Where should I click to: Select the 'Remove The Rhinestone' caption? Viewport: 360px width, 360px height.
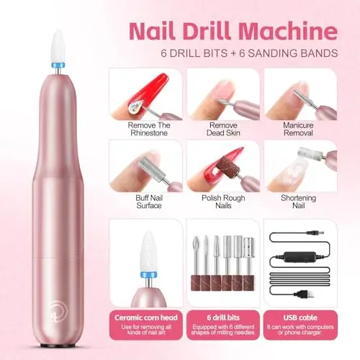[149, 129]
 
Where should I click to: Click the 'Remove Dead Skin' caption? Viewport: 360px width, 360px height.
[223, 129]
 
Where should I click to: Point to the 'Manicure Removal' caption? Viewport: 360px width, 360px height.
[298, 129]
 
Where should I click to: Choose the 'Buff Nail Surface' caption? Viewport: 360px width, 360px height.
[149, 202]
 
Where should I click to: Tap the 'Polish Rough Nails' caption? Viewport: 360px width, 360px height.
[223, 202]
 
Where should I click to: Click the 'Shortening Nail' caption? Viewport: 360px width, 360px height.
[298, 202]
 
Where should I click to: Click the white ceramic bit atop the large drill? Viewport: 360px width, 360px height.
[58, 45]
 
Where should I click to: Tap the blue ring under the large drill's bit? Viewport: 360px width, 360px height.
[58, 66]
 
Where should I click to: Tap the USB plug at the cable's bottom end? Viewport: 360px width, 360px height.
[305, 294]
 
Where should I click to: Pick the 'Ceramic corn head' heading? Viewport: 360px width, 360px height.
[146, 318]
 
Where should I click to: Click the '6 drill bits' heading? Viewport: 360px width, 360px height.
[223, 318]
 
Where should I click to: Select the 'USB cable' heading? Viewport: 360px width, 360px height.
[300, 318]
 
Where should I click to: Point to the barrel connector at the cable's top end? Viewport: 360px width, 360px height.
[315, 233]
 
